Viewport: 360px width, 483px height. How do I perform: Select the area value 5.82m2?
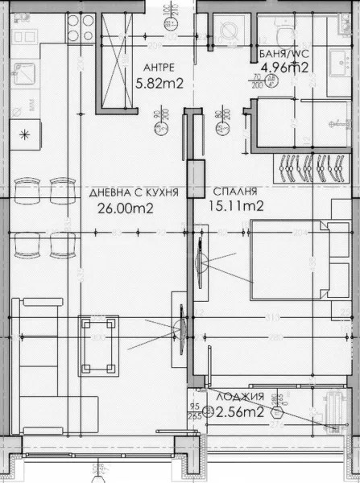coord(161,82)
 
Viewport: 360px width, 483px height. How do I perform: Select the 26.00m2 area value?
coord(126,208)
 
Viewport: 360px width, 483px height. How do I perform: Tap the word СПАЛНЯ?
coord(235,192)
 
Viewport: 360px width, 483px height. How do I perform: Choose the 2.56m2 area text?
coord(241,413)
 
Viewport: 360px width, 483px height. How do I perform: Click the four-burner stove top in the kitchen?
coord(79,28)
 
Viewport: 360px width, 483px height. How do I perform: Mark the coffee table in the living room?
coord(95,345)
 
